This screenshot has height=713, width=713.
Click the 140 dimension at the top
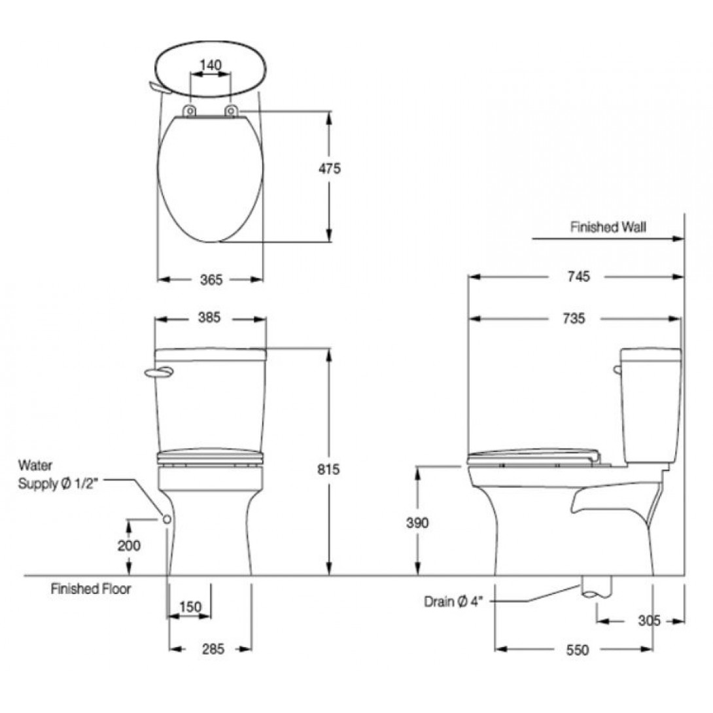(211, 65)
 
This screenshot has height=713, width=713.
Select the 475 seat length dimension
(329, 168)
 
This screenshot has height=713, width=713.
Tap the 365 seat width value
(211, 280)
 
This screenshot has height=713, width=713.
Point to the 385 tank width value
(209, 317)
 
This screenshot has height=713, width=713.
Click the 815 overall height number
(328, 469)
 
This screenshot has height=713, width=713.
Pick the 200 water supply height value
(129, 545)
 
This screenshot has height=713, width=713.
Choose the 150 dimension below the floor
(190, 606)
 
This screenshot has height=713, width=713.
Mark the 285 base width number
(213, 649)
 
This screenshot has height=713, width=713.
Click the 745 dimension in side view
(578, 276)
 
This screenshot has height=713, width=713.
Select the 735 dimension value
(574, 319)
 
